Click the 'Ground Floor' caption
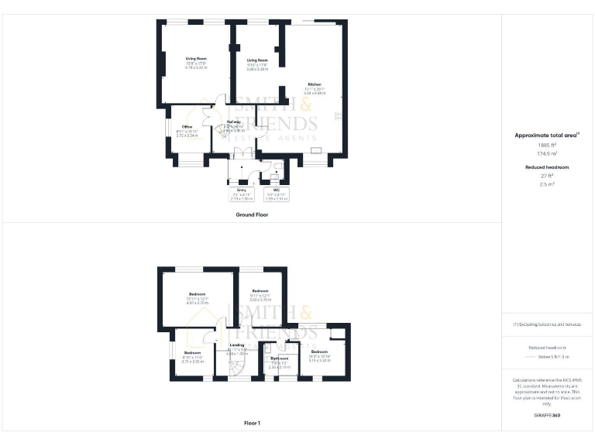tap(252, 213)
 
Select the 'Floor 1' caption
tap(252, 423)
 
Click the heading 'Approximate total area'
tap(547, 135)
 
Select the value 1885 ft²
tap(547, 145)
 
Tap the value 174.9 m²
tap(547, 153)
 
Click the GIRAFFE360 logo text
tap(547, 417)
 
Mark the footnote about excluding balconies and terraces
tap(547, 324)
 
